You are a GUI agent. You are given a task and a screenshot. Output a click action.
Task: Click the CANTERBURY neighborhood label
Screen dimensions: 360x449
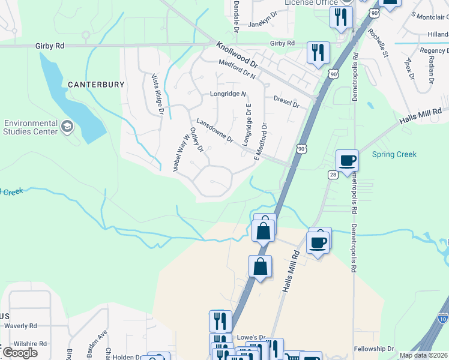tap(96, 85)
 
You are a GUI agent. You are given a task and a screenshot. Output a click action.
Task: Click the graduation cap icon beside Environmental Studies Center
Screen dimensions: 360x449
tap(67, 127)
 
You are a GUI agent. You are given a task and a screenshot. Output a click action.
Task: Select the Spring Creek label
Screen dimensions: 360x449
tap(394, 155)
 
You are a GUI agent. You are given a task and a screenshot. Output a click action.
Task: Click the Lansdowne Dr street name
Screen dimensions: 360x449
tap(214, 130)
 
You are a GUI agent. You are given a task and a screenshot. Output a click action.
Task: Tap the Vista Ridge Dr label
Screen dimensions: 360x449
tap(158, 94)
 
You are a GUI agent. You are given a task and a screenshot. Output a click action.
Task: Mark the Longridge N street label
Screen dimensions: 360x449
tap(228, 94)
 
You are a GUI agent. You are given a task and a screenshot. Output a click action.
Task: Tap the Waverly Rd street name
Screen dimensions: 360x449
tap(20, 326)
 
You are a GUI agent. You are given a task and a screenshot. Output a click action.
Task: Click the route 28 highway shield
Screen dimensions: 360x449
tap(333, 174)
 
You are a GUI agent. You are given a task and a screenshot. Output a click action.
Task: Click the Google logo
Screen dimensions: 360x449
tap(20, 353)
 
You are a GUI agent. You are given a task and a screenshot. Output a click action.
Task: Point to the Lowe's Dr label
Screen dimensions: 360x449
tap(251, 338)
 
